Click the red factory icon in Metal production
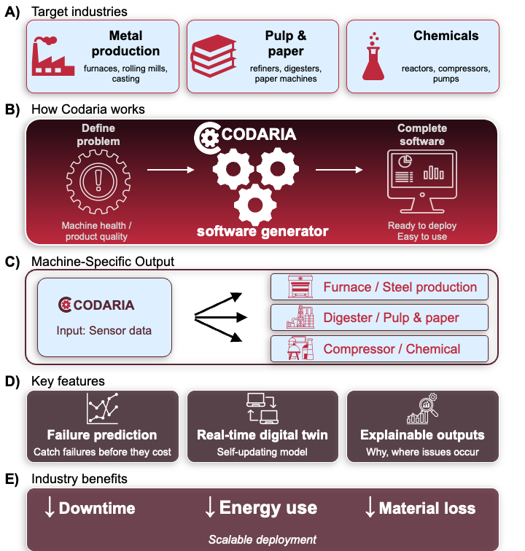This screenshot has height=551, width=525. [x=52, y=56]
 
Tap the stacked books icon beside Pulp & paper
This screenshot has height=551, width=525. [x=213, y=55]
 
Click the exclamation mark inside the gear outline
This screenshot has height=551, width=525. [x=98, y=180]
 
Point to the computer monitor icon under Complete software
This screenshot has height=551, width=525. [x=422, y=181]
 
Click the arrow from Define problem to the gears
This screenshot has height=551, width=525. [x=171, y=170]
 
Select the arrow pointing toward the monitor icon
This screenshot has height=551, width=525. [x=339, y=170]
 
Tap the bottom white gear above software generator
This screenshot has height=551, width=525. [x=255, y=206]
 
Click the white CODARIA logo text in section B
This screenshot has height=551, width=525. [x=259, y=134]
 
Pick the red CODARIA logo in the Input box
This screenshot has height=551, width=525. [x=96, y=305]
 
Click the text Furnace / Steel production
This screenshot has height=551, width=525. [x=400, y=287]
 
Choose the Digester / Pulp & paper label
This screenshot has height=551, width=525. [x=391, y=318]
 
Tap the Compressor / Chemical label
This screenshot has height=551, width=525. [x=392, y=349]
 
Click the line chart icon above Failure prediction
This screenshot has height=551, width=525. [x=102, y=408]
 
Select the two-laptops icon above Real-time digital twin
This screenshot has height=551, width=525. [x=262, y=408]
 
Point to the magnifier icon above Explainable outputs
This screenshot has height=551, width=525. [x=422, y=408]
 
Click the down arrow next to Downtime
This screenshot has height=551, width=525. [x=50, y=507]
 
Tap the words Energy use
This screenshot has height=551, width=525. [x=268, y=508]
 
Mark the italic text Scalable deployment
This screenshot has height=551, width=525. [x=262, y=539]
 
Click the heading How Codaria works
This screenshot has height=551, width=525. [x=88, y=109]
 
